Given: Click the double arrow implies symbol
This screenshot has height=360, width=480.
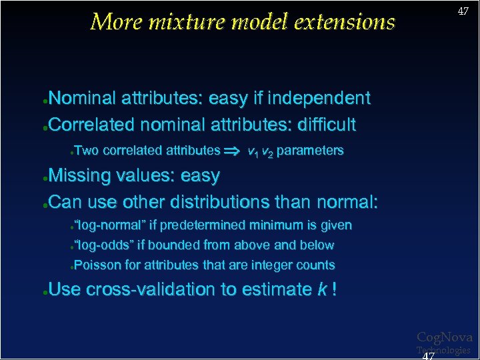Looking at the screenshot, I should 233,151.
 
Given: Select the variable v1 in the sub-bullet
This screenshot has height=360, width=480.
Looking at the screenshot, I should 253,151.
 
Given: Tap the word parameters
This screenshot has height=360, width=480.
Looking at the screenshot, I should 310,151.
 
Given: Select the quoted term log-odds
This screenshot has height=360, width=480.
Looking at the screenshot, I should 103,245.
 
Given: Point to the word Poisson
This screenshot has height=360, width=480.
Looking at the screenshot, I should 97,265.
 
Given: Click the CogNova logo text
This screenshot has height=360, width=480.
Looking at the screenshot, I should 444,337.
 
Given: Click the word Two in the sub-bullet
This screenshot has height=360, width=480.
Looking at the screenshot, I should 86,151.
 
